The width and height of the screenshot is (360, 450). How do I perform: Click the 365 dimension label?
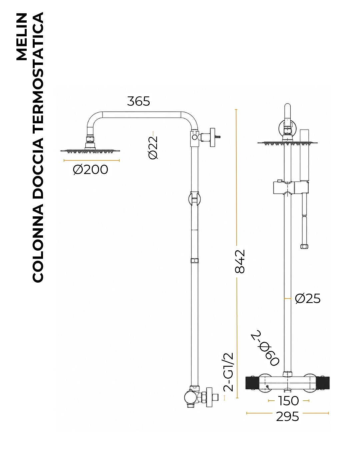pos(138,101)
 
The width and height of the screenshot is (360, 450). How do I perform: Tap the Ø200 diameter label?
pos(91,170)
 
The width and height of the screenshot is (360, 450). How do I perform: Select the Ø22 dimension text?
pos(153,148)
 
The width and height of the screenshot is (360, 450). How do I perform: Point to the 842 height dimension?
pos(240,261)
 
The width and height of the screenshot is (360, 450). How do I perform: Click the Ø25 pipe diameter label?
pos(308,299)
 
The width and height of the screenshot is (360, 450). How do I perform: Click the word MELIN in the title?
pos(22,37)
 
